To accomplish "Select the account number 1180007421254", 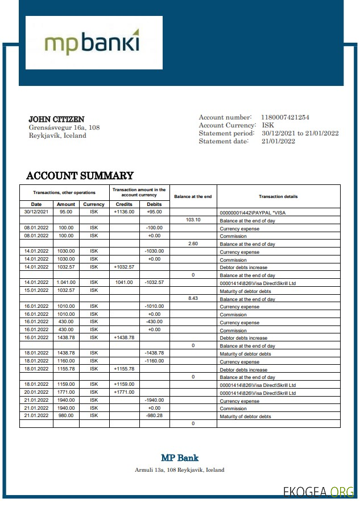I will (285, 117).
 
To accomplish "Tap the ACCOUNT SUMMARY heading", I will (80, 176).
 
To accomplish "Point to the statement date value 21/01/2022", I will (279, 141).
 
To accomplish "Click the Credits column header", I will (124, 204).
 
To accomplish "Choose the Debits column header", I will (154, 204).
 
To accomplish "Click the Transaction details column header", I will (278, 196).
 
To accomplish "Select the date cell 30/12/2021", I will (36, 212).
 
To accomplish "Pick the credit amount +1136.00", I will (124, 212).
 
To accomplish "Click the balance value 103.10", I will (193, 220).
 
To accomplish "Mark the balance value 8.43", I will (193, 298).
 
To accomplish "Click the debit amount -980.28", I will (154, 415).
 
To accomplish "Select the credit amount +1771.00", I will (124, 392).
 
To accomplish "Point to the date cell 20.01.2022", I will (36, 392).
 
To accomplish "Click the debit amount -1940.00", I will (154, 400).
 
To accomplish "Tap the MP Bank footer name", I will (180, 457).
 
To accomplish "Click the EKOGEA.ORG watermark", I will (318, 492).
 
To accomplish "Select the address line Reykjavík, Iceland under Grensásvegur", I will (57, 135).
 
